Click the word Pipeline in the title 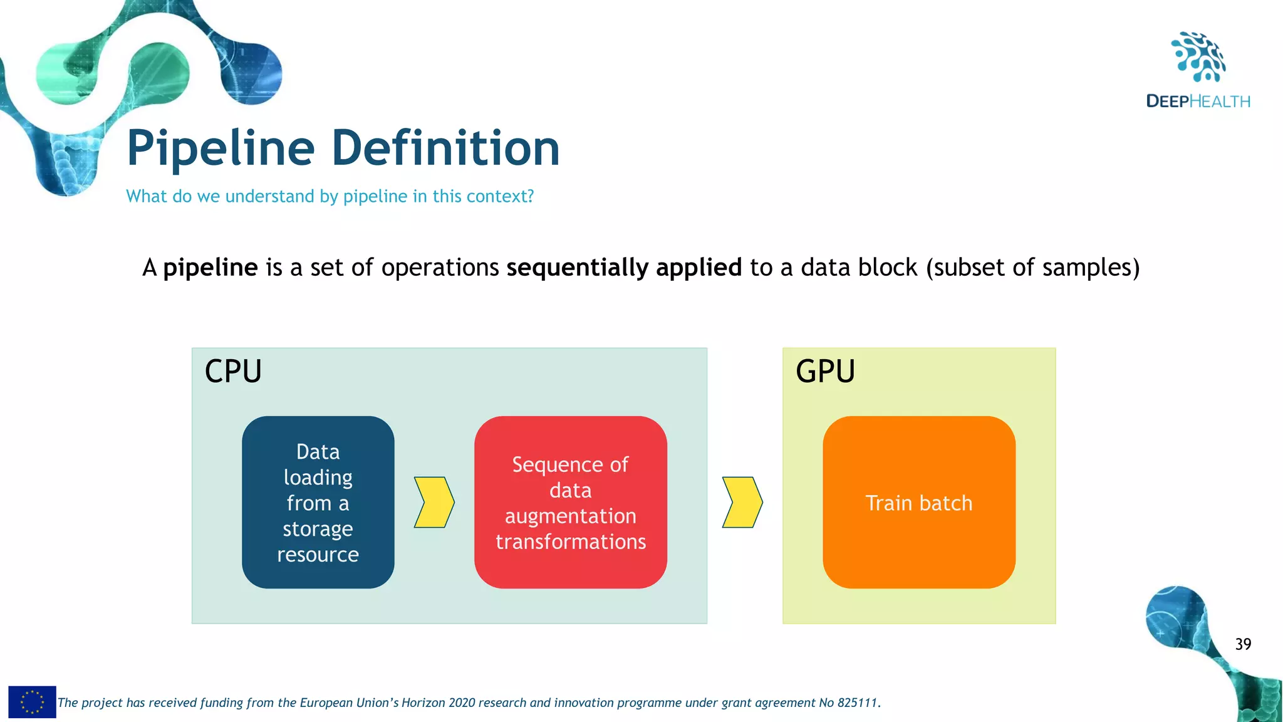coord(221,149)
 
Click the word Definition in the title coord(445,148)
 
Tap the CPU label coord(233,371)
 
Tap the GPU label coord(825,371)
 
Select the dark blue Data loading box coord(318,502)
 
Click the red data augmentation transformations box coord(570,502)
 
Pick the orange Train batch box coord(918,502)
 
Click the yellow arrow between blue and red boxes coord(434,502)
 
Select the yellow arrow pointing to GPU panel coord(742,502)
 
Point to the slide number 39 coord(1243,644)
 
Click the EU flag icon coord(32,702)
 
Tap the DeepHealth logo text coord(1198,102)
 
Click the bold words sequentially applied coord(624,268)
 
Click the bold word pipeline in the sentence coord(210,268)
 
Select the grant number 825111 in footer coord(858,703)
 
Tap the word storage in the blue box coord(318,529)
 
